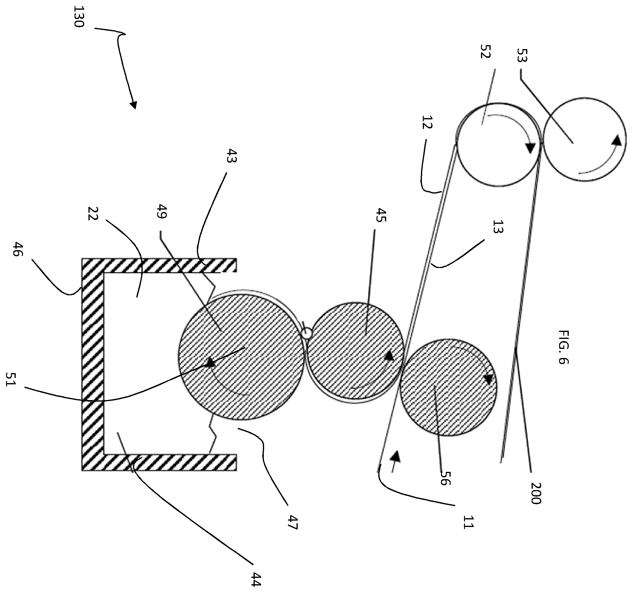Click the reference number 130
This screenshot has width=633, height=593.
tap(78, 17)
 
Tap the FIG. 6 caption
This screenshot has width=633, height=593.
tap(563, 347)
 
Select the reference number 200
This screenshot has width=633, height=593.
tap(536, 493)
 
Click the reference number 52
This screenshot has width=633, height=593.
tap(486, 51)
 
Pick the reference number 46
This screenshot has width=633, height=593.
tap(18, 249)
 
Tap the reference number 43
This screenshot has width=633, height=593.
tap(231, 156)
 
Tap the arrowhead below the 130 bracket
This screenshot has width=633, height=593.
tap(134, 104)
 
